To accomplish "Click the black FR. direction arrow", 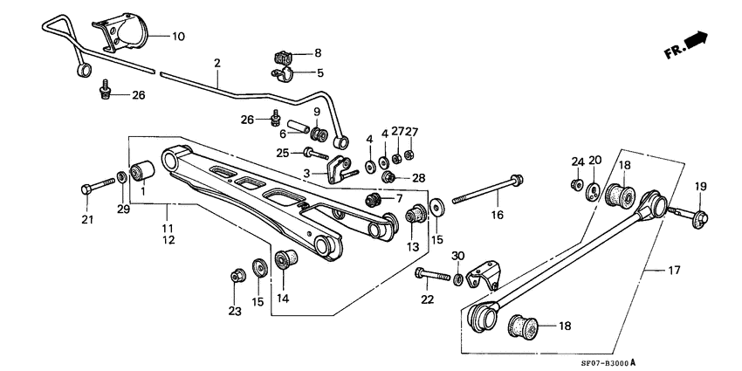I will [696, 41].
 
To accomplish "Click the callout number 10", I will [178, 37].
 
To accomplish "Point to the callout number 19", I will [700, 187].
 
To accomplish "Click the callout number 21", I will [86, 218].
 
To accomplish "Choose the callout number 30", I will [458, 255].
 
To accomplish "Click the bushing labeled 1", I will [141, 169].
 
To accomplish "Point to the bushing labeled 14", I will [285, 259].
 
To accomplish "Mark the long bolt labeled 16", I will [489, 189].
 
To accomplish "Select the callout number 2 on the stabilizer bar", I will [216, 63].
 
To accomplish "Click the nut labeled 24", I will [577, 184].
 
